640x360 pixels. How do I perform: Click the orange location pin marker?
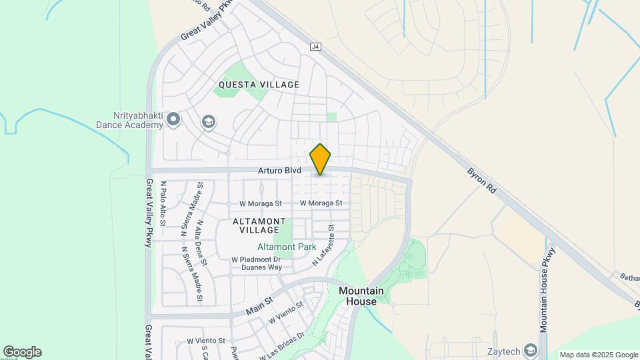click(x=321, y=159)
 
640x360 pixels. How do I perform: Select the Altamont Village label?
click(x=259, y=225)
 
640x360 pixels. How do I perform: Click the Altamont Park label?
click(x=287, y=247)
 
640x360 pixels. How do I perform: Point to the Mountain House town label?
click(x=361, y=296)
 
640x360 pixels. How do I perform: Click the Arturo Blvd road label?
click(x=280, y=171)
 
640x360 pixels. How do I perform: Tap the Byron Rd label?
click(x=482, y=180)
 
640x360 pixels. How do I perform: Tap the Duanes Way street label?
click(x=261, y=267)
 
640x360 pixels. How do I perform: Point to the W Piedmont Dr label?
click(x=257, y=259)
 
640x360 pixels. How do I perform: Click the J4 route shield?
click(x=316, y=47)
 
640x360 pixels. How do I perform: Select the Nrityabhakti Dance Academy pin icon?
click(x=173, y=120)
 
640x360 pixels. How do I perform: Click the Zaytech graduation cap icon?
click(x=531, y=350)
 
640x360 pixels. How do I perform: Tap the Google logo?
click(x=22, y=352)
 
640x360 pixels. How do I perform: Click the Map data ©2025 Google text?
click(x=598, y=355)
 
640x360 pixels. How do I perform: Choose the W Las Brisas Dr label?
click(x=282, y=345)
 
